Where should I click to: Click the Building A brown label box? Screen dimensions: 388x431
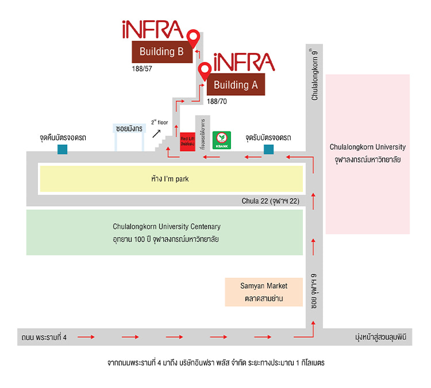235,85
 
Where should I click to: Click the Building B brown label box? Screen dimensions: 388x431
161,52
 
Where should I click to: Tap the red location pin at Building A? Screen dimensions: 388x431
205,71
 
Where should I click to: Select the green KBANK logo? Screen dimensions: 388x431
222,140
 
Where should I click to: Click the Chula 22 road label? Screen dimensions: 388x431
271,201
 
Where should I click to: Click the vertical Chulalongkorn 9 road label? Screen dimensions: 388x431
314,75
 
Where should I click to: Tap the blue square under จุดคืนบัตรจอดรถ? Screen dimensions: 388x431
62,149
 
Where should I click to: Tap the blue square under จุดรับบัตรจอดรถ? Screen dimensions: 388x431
268,149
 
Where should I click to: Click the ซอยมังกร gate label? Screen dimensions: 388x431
128,130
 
